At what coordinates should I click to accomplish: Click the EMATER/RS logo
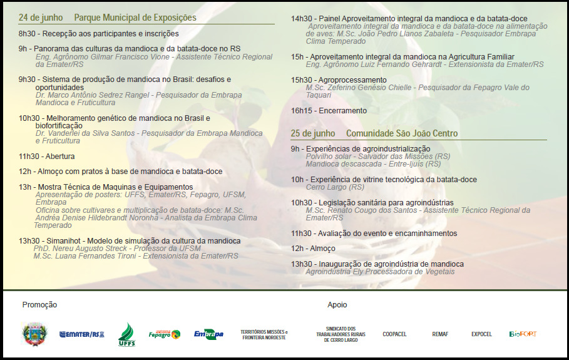coord(82,334)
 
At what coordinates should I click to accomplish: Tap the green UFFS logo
coord(126,334)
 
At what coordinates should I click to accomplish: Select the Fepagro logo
coord(164,334)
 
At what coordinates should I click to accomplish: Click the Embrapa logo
coord(208,334)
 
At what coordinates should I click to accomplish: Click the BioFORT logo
coord(523,334)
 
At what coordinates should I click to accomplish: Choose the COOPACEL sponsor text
coord(394,334)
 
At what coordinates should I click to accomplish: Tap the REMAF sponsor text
coord(440,334)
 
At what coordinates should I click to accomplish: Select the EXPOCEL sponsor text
coord(481,334)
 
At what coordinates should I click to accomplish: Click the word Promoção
coord(39,305)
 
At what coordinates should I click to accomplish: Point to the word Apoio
coord(337,305)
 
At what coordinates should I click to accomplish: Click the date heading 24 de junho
coord(41,18)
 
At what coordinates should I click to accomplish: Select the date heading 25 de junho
coord(313,133)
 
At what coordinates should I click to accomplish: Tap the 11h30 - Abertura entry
coord(46,156)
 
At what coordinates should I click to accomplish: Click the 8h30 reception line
coord(98,33)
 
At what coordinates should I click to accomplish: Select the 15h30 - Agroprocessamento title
coord(339,80)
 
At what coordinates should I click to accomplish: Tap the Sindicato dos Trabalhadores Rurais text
coord(341,334)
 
